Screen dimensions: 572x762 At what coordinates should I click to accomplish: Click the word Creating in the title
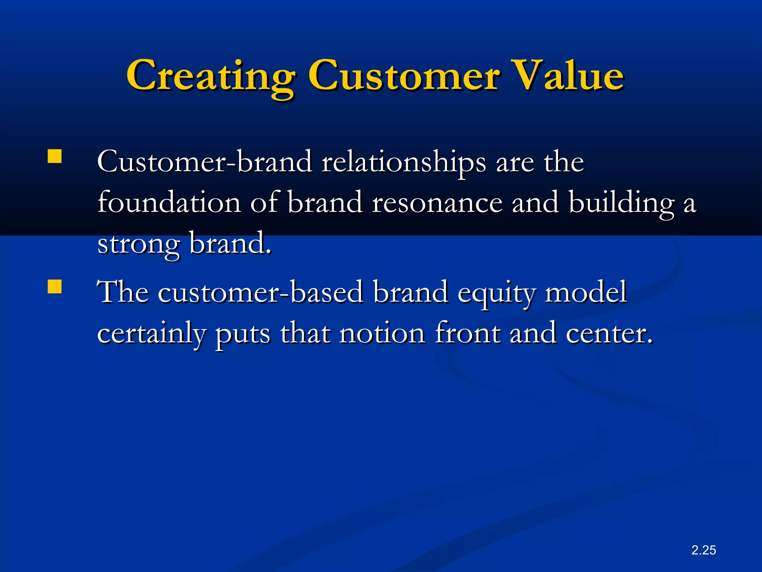point(211,76)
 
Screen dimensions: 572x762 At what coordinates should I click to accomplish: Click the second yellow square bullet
point(55,287)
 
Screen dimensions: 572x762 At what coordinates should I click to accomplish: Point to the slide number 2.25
point(704,550)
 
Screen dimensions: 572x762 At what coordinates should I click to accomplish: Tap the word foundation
point(169,203)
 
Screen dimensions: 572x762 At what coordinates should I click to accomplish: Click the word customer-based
point(260,293)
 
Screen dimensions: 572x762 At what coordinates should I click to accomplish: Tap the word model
point(586,293)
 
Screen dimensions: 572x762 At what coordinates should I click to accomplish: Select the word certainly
point(151,334)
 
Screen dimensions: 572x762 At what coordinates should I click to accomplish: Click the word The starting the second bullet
point(123,293)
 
